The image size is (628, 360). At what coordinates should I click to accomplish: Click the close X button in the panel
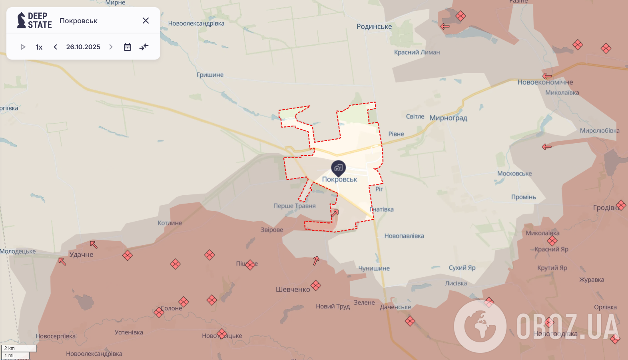(146, 20)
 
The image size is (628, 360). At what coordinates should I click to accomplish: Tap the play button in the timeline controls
(23, 47)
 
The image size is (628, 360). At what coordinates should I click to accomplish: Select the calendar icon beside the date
(127, 47)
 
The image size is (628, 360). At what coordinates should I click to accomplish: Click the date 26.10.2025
(83, 47)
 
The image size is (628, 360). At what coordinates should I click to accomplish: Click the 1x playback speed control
(39, 47)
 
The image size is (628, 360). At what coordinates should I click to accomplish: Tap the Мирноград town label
(448, 118)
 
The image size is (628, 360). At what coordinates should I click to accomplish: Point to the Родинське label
(374, 26)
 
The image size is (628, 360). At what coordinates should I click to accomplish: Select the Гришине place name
(210, 75)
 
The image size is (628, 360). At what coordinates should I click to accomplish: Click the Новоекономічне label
(545, 82)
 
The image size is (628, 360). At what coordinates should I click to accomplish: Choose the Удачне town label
(81, 254)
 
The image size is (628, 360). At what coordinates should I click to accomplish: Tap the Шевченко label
(293, 289)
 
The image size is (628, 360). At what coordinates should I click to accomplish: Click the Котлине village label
(169, 223)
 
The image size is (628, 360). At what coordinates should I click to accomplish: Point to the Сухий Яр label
(462, 268)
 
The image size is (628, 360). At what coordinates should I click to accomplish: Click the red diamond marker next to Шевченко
(316, 286)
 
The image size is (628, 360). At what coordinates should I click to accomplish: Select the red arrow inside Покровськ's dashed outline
(335, 213)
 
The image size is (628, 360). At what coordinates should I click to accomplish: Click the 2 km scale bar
(19, 348)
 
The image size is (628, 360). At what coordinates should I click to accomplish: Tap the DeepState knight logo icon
(21, 20)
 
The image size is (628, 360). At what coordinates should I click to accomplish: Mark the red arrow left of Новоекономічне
(547, 76)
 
